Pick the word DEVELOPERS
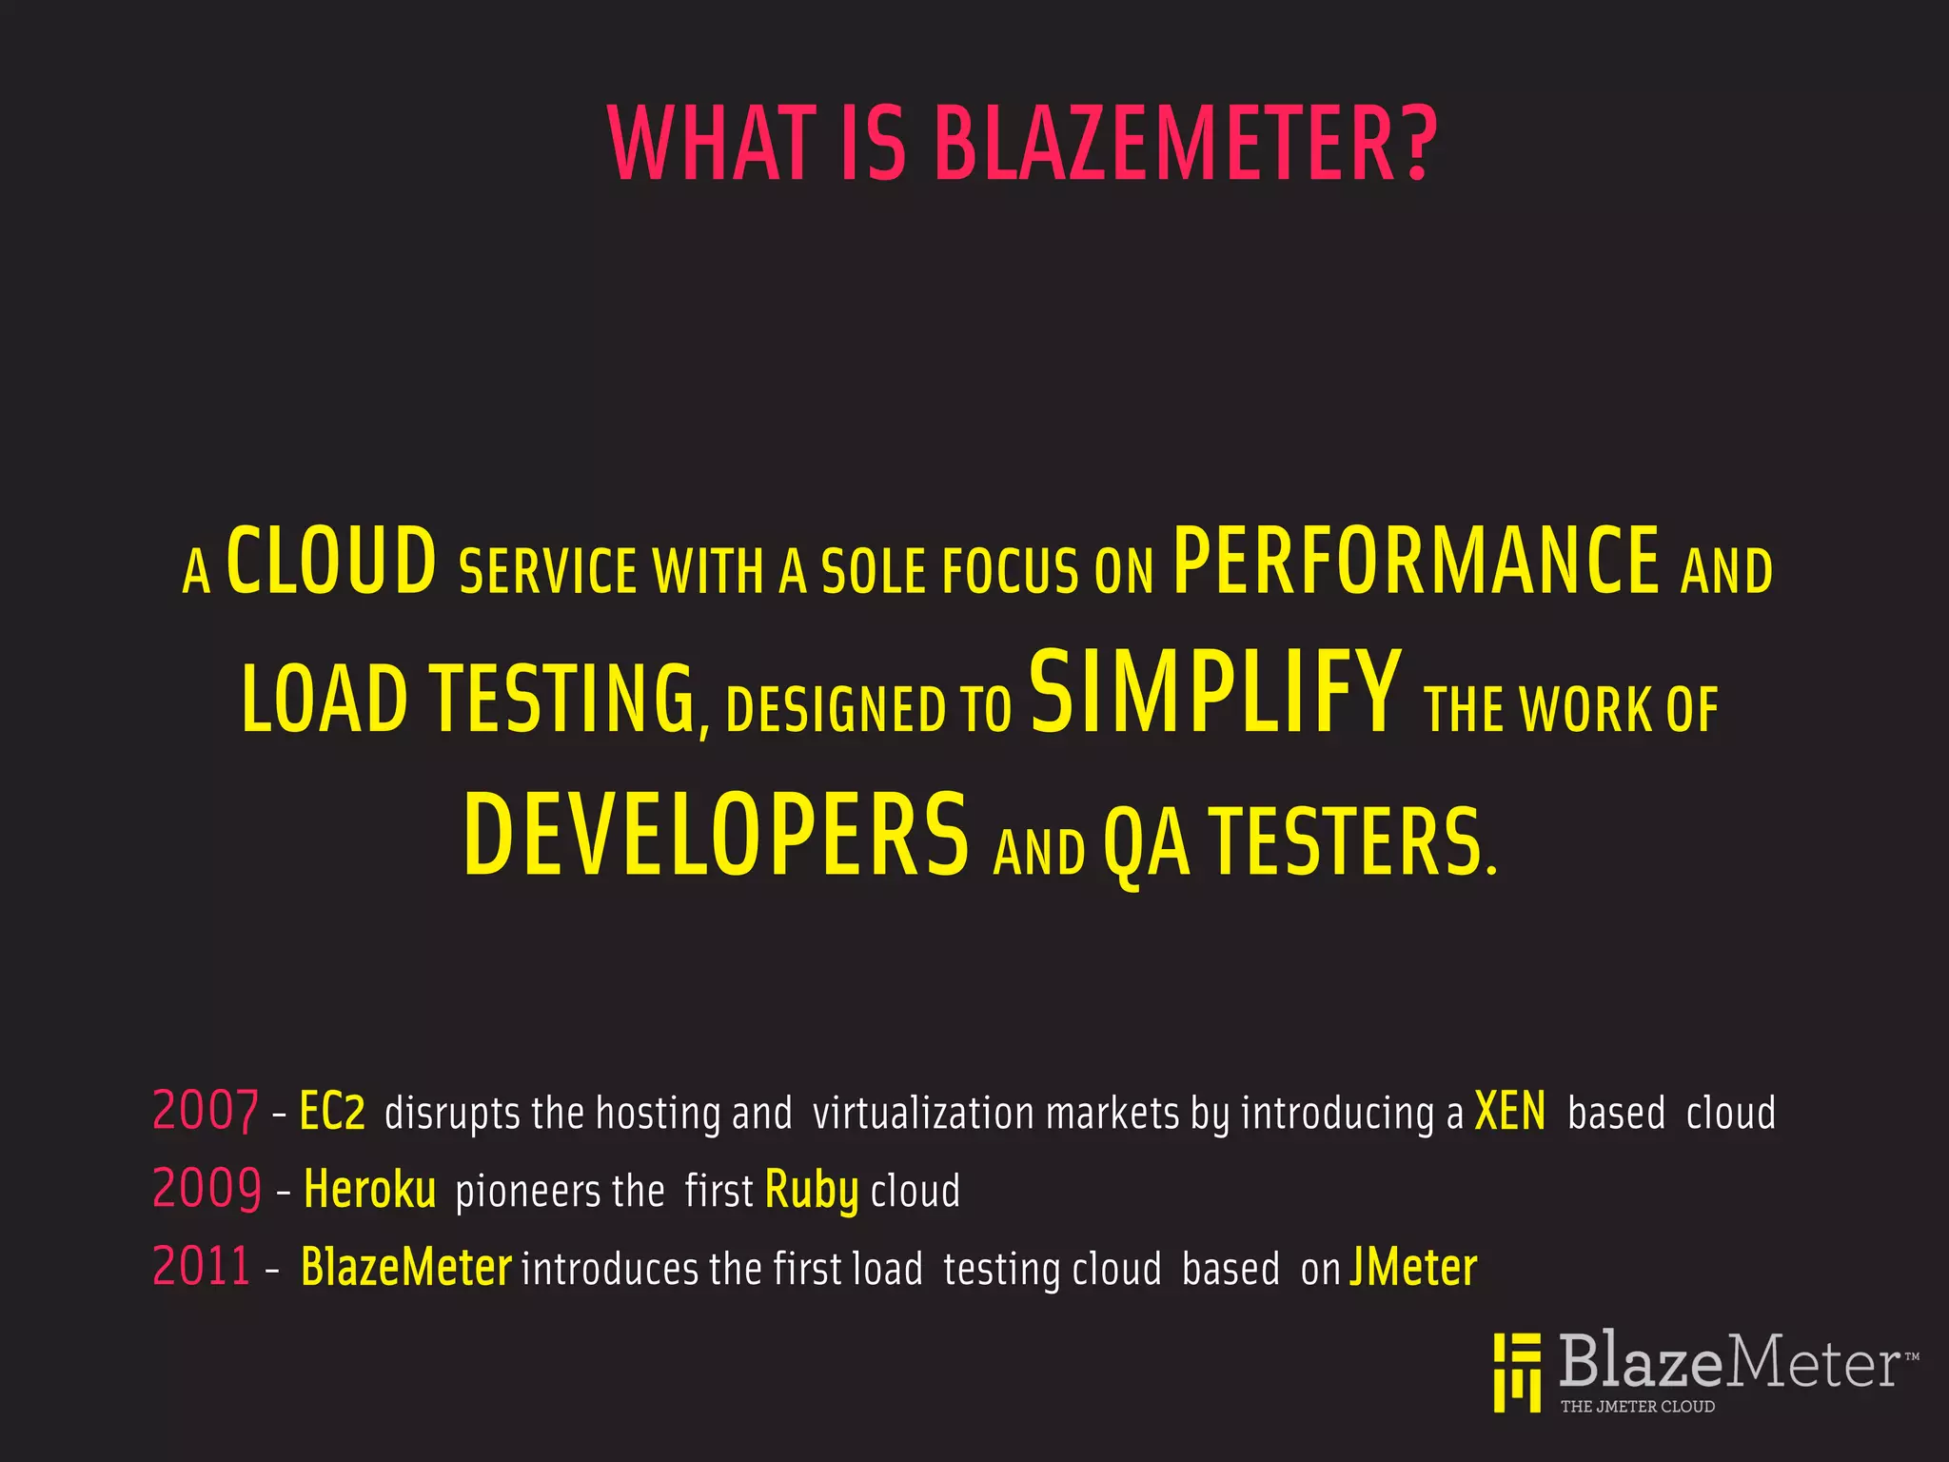point(716,835)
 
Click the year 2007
point(206,1111)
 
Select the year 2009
point(207,1189)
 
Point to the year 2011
point(202,1267)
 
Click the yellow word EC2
point(332,1111)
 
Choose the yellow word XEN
point(1509,1111)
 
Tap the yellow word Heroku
point(369,1190)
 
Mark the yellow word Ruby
point(811,1191)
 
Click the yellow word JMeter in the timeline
point(1413,1267)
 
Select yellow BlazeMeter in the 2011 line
point(406,1267)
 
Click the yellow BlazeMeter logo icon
point(1517,1372)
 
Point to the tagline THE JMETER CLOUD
point(1637,1406)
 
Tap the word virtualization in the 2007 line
point(922,1113)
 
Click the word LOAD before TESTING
point(325,700)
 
